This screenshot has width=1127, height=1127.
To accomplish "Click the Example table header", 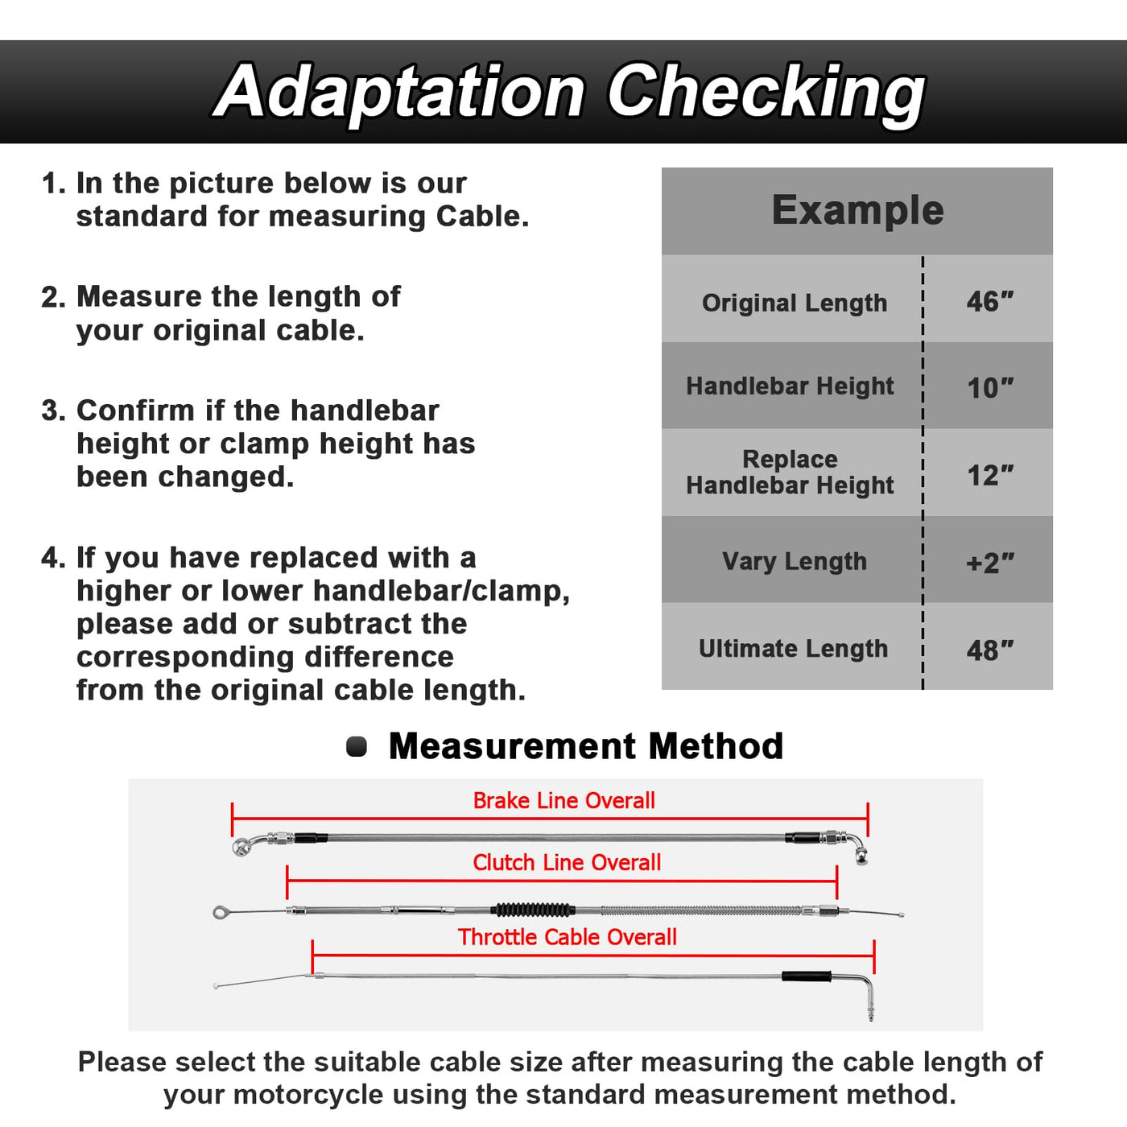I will pyautogui.click(x=857, y=211).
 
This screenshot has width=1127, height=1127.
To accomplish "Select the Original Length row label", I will pyautogui.click(x=794, y=303).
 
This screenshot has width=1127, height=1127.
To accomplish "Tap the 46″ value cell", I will pyautogui.click(x=989, y=302).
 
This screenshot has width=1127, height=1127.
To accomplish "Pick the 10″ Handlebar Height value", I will pyautogui.click(x=989, y=388).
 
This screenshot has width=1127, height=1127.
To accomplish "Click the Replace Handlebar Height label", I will pyautogui.click(x=790, y=472).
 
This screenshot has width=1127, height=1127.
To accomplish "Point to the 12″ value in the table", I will pyautogui.click(x=989, y=475).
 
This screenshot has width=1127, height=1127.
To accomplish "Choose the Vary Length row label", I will pyautogui.click(x=794, y=561).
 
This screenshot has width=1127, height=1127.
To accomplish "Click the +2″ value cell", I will pyautogui.click(x=989, y=563).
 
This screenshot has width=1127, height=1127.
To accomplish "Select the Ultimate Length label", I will pyautogui.click(x=793, y=648).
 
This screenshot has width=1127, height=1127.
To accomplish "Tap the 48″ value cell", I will pyautogui.click(x=989, y=650).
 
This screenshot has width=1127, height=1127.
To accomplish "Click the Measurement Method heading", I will pyautogui.click(x=585, y=746).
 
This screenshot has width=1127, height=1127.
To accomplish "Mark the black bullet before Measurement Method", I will pyautogui.click(x=357, y=747).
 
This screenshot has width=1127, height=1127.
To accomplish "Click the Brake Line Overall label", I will pyautogui.click(x=563, y=801).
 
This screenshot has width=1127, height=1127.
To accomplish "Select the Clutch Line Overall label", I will pyautogui.click(x=567, y=863).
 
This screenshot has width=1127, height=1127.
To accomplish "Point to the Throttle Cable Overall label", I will pyautogui.click(x=567, y=938).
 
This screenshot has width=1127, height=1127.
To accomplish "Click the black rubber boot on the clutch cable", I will pyautogui.click(x=533, y=910).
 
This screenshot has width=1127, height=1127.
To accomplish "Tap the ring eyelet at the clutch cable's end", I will pyautogui.click(x=221, y=912).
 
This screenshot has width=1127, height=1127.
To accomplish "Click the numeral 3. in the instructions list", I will pyautogui.click(x=53, y=411).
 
